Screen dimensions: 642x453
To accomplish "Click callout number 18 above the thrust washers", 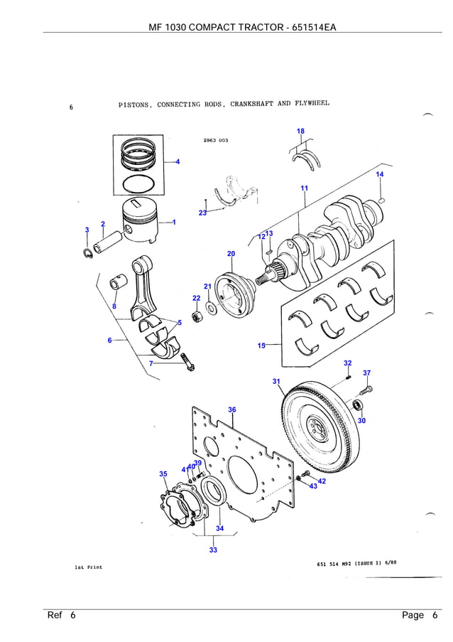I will [300, 132].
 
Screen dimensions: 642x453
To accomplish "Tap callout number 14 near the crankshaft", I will [380, 174].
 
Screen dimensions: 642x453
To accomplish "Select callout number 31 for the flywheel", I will [276, 382].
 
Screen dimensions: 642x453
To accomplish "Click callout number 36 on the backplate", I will [232, 410].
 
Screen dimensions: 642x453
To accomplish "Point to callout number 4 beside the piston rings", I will [178, 161].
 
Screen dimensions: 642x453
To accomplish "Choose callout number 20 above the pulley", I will [231, 254].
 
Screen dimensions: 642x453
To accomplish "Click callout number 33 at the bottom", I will [213, 550].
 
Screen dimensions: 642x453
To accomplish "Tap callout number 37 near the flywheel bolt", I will [366, 373].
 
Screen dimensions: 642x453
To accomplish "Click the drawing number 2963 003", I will [215, 140].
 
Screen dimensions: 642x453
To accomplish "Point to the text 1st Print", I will [88, 567].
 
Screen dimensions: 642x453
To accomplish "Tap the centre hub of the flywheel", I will [317, 428].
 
